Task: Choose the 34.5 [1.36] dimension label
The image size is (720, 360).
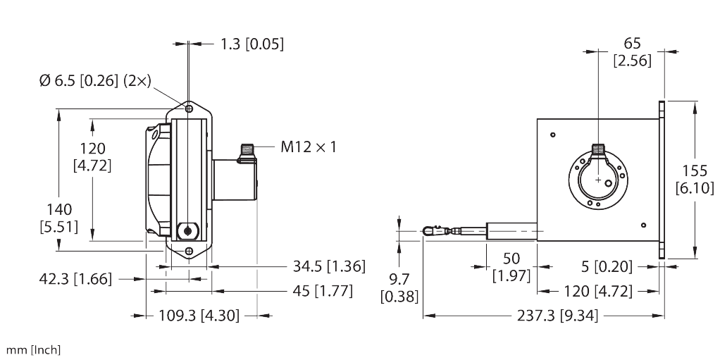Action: pos(329,266)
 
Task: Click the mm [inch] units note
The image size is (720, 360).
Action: pos(33,349)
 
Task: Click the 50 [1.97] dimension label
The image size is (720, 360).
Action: pos(511,266)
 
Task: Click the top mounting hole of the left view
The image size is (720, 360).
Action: pos(190,109)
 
